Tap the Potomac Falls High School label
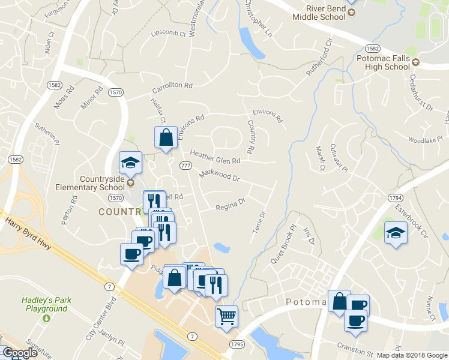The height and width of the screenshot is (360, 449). click(384, 62)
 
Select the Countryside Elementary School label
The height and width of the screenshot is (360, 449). click(106, 182)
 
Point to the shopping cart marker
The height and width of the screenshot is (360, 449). click(226, 315)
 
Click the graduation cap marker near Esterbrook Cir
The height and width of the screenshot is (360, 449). click(396, 232)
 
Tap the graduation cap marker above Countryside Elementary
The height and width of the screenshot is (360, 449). click(130, 161)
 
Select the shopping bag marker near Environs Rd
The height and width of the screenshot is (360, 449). click(166, 137)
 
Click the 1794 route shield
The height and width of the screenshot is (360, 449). click(395, 197)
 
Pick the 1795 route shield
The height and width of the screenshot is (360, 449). click(237, 344)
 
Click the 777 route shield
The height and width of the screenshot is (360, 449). click(185, 165)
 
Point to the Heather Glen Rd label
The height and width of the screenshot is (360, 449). click(215, 157)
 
